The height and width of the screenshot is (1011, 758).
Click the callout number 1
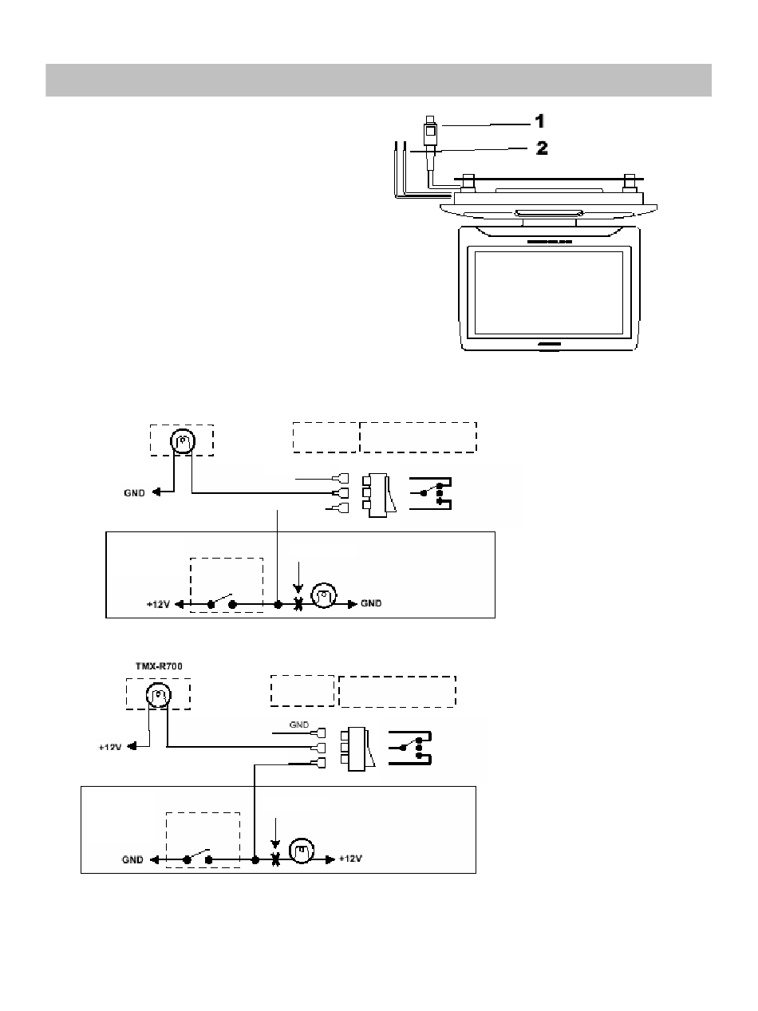pos(539,121)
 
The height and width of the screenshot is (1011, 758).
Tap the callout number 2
pos(542,148)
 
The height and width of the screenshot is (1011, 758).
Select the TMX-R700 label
pos(159,666)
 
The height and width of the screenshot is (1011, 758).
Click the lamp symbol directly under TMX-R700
pos(159,695)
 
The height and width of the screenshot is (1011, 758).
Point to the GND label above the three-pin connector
pos(299,725)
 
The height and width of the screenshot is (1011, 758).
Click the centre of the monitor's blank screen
pos(548,293)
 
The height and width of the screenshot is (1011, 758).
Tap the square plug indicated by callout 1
pos(430,132)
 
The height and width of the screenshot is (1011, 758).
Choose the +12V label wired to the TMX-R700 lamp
pos(110,747)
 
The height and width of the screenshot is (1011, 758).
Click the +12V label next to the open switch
pos(159,604)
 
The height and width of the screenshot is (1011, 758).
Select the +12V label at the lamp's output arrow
pos(350,859)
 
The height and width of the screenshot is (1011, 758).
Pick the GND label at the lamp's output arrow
pos(371,603)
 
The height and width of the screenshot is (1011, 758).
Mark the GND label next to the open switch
pos(132,859)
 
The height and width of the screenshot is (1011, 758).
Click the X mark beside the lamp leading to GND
pos(298,604)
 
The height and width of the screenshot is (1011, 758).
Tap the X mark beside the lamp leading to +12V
pos(275,859)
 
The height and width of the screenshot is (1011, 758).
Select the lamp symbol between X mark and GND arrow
pos(324,595)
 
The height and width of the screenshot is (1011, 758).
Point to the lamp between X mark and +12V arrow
pos(301,851)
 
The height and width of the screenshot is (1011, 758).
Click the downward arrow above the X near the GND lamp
pos(299,578)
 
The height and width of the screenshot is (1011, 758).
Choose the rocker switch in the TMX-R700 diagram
pos(357,749)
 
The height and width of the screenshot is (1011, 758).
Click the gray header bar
pos(378,80)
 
